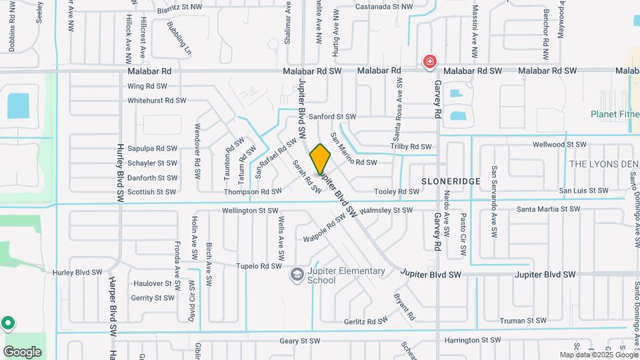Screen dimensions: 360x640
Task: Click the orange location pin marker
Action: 321,159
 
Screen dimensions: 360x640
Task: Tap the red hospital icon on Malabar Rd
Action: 430,62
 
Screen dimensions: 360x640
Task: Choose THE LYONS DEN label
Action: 604,164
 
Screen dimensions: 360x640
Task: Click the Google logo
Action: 22,351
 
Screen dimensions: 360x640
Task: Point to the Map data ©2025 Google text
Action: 599,355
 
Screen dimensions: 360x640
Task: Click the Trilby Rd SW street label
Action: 411,147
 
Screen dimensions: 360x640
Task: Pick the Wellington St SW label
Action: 250,211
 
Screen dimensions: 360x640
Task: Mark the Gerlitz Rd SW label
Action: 366,321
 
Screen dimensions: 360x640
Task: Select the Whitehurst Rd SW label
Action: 157,101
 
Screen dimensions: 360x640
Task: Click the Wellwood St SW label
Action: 559,144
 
